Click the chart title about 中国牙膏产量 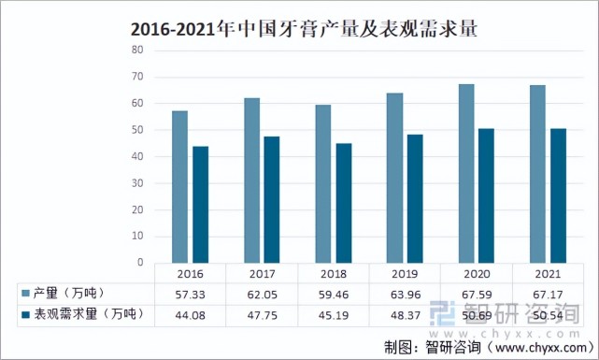click(299, 28)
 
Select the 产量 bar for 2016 click(179, 187)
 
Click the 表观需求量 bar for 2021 click(558, 195)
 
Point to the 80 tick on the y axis click(137, 50)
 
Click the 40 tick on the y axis click(137, 156)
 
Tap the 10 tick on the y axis click(137, 237)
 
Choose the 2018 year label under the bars click(334, 274)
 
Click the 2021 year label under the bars click(548, 274)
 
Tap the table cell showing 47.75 click(262, 315)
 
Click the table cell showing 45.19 click(334, 315)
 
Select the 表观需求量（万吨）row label click(79, 315)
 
